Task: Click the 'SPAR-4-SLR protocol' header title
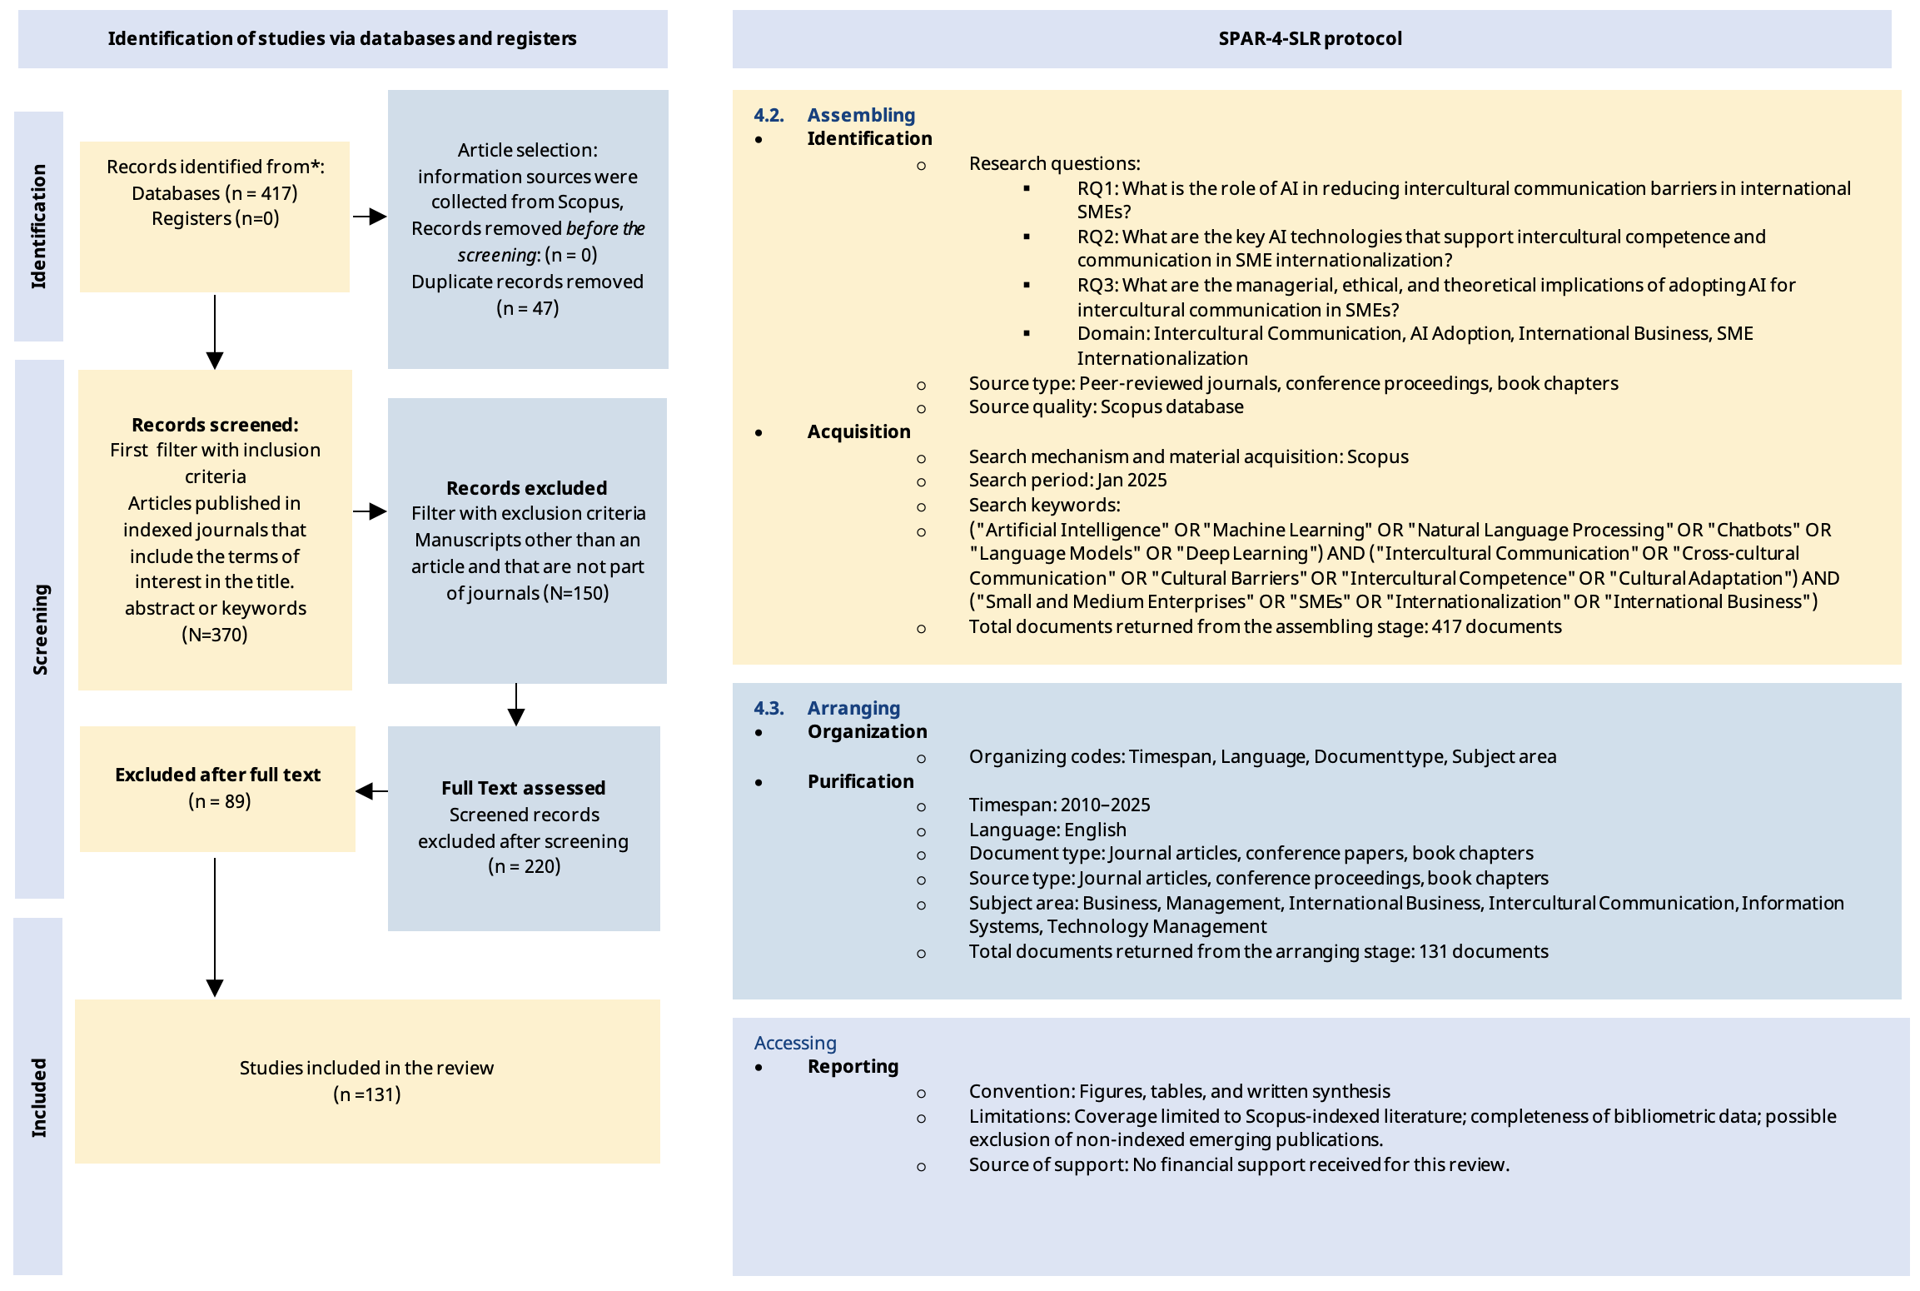(x=1310, y=38)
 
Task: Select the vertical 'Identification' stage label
(x=38, y=227)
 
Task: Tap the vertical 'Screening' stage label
(x=40, y=629)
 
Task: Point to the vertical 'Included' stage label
(x=38, y=1098)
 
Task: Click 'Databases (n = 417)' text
(x=215, y=193)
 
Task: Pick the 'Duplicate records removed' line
(x=527, y=282)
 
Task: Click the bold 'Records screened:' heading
(x=215, y=425)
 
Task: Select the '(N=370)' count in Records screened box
(x=215, y=635)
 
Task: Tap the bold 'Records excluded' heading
(x=526, y=488)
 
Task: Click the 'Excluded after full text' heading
(x=217, y=775)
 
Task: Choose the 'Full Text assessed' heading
(x=523, y=788)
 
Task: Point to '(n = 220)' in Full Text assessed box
(x=524, y=866)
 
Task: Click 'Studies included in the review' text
(x=366, y=1068)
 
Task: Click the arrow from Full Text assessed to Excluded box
(x=371, y=790)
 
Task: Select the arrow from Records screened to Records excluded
(x=370, y=511)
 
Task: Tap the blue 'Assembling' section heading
(x=861, y=115)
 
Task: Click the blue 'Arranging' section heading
(x=853, y=708)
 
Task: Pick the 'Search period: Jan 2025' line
(x=1067, y=480)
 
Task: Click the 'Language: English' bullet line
(x=1047, y=830)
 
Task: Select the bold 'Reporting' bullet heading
(x=853, y=1066)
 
